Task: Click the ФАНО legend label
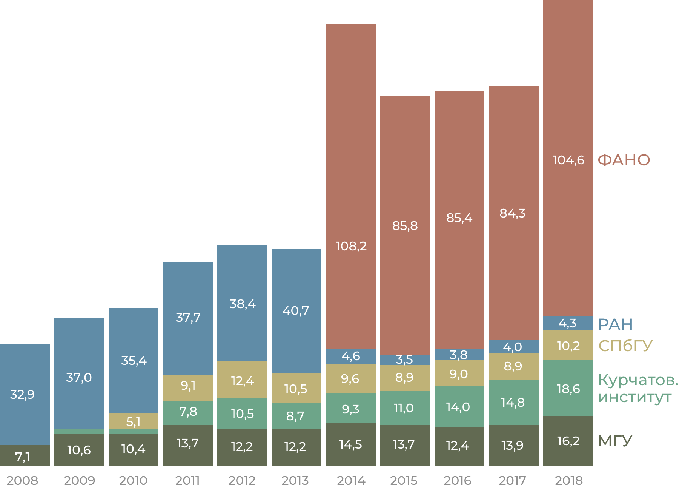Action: pos(624,160)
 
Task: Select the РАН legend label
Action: pos(615,324)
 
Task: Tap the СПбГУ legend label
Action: pos(625,346)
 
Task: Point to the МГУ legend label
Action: pos(615,441)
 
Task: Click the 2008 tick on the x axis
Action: pos(23,480)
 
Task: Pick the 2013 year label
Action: pos(295,480)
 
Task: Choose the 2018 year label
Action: pos(568,480)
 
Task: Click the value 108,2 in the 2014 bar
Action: pos(351,246)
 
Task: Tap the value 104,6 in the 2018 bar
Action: pos(568,160)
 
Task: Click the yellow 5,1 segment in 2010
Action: pos(134,421)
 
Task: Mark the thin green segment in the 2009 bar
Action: pos(79,432)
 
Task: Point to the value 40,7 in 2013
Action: pos(296,311)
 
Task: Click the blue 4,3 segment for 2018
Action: pos(568,323)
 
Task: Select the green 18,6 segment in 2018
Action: pos(568,389)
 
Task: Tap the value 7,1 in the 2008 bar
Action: pos(23,457)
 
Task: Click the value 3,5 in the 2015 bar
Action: pos(404,359)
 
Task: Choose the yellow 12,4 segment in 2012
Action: pos(242,381)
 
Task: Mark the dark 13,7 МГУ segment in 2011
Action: pos(188,443)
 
